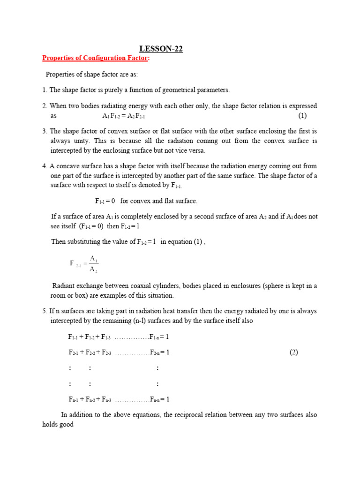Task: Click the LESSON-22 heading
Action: click(162, 49)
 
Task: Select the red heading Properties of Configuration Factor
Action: click(96, 58)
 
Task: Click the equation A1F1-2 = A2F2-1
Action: click(127, 116)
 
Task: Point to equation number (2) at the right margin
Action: click(293, 352)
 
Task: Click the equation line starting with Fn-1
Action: click(119, 399)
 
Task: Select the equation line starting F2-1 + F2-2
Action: click(119, 352)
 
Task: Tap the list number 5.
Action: click(44, 311)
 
